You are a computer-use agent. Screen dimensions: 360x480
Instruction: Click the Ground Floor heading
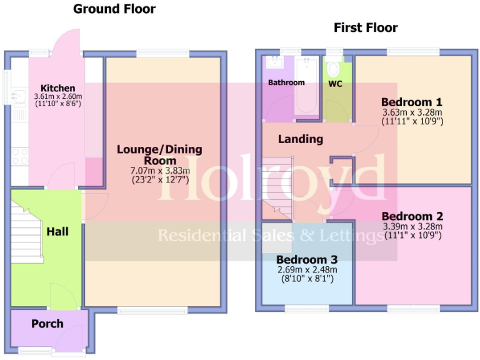(114, 9)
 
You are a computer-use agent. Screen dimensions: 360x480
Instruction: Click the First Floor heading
(366, 27)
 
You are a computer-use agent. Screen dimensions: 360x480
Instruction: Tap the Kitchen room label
(58, 88)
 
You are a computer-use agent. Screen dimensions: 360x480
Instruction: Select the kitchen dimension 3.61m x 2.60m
(58, 97)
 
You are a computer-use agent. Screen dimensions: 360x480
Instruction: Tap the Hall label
(57, 231)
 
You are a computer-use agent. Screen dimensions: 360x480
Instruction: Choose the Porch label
(47, 323)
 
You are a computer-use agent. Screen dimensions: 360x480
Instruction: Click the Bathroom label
(286, 82)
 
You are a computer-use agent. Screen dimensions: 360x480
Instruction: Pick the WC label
(335, 82)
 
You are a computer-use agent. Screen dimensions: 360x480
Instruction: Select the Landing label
(301, 139)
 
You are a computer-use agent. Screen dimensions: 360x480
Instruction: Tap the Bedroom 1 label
(412, 102)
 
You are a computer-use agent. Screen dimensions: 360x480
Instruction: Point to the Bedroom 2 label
(412, 216)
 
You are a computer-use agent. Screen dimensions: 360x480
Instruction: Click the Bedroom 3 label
(306, 259)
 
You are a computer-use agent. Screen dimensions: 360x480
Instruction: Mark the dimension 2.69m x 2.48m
(306, 270)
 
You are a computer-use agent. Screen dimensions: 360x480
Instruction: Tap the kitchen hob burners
(19, 156)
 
